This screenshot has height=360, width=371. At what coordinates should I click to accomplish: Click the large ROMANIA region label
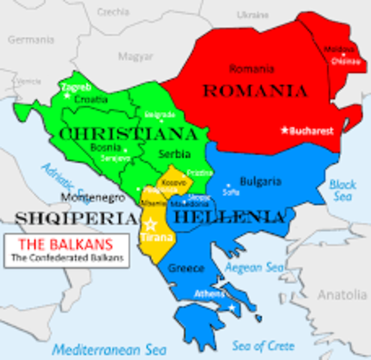tap(255, 91)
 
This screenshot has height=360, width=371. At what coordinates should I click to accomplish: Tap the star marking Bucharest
tap(284, 130)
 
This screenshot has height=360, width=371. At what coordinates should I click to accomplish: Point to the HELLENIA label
tap(229, 217)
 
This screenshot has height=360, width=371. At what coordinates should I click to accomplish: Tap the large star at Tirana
tap(150, 223)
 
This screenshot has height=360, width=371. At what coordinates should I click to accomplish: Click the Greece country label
tap(187, 268)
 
